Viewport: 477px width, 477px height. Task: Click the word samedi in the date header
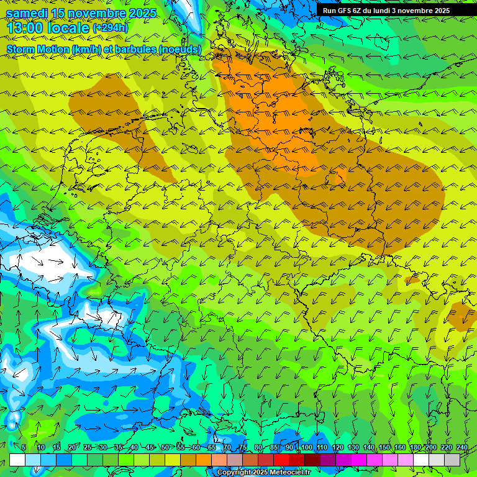[x=29, y=13]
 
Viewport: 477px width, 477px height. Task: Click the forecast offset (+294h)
[x=111, y=28]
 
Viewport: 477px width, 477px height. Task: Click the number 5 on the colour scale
[x=24, y=448]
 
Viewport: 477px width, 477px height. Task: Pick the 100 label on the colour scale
[x=306, y=448]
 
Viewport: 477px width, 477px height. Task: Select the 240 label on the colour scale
[x=461, y=448]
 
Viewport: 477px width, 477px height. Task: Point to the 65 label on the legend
[x=212, y=448]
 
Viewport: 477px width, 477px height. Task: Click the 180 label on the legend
[x=415, y=448]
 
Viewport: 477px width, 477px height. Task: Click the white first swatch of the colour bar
[x=17, y=460]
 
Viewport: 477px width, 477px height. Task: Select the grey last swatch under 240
[x=452, y=460]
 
